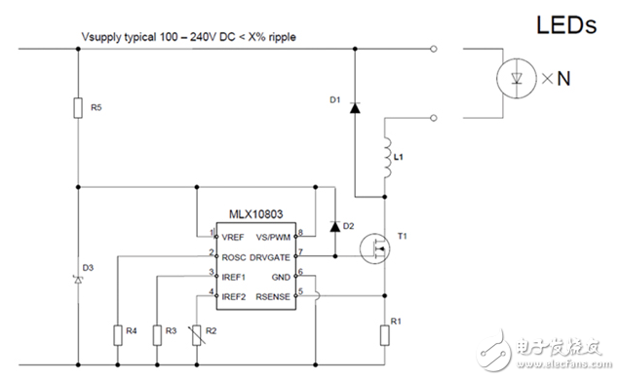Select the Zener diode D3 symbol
77,281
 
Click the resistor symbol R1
384,334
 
